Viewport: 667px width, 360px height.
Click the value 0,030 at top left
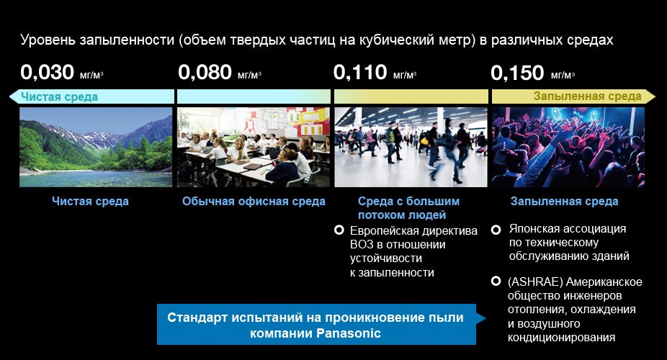[x=48, y=72]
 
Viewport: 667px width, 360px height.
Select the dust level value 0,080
[x=205, y=72]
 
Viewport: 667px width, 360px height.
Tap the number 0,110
[x=360, y=72]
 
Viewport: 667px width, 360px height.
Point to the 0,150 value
[x=517, y=72]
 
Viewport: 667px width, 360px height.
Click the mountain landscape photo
[x=96, y=147]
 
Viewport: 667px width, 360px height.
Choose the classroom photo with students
[x=253, y=147]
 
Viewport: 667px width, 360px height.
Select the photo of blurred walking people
[x=411, y=147]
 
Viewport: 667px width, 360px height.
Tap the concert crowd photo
[x=568, y=147]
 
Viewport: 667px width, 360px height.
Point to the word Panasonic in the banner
[x=348, y=333]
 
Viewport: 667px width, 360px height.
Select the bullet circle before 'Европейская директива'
[x=339, y=230]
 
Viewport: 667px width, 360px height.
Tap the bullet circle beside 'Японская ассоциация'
[x=496, y=230]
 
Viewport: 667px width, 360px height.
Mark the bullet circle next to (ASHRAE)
[x=496, y=281]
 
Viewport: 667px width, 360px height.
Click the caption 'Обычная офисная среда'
[x=254, y=202]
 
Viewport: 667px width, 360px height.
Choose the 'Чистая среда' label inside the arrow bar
[x=60, y=97]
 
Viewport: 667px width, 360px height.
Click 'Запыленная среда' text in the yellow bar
[x=588, y=96]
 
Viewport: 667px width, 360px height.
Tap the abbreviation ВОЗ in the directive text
[x=362, y=245]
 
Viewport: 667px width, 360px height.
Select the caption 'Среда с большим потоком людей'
[x=409, y=208]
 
